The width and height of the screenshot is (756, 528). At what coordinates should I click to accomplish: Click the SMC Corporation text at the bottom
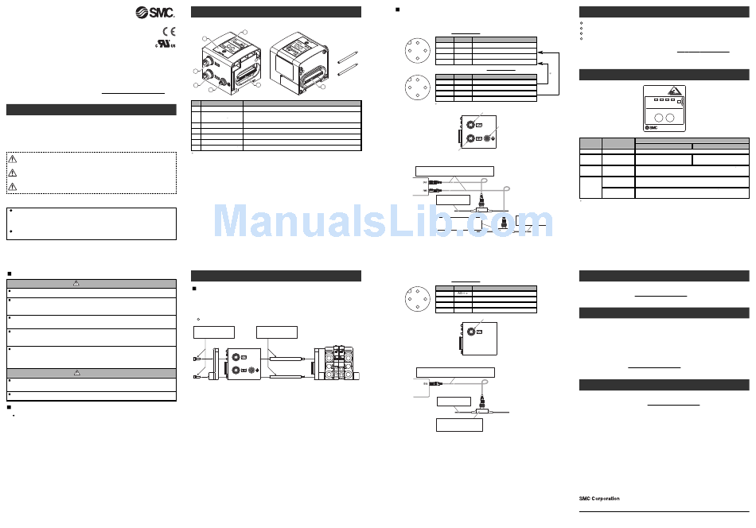point(599,499)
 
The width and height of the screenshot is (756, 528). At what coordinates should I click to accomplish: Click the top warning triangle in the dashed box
point(13,158)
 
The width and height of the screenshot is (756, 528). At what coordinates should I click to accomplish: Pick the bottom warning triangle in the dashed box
point(13,187)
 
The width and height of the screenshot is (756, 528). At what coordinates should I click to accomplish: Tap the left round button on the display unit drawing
point(655,118)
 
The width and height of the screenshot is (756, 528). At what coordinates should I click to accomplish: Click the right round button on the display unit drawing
point(671,118)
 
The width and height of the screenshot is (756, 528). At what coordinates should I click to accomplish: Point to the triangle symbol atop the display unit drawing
point(672,91)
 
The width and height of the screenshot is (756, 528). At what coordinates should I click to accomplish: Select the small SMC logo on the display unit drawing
point(650,127)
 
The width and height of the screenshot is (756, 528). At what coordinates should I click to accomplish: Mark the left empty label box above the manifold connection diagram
point(214,332)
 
